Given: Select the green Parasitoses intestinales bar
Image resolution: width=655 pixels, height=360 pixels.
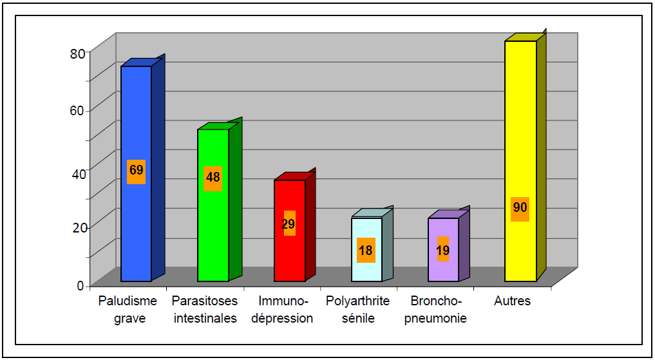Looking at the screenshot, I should [x=213, y=232].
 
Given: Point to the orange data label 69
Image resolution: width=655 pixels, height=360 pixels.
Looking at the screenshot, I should [x=136, y=171].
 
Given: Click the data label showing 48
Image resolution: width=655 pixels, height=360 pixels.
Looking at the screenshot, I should [x=213, y=177].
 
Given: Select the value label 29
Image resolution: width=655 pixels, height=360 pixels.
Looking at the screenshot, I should [x=289, y=224].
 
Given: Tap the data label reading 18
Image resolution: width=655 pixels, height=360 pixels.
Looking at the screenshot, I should [x=366, y=251].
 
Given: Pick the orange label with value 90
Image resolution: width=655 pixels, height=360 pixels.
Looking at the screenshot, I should [x=520, y=208].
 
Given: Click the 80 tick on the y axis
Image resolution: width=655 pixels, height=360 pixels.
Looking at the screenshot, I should [x=77, y=53].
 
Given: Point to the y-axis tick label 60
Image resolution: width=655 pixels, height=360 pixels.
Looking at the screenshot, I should [x=77, y=110].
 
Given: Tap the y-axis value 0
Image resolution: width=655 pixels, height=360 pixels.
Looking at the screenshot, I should [x=81, y=285].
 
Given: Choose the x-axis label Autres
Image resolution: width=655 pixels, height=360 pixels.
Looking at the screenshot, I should [x=513, y=301].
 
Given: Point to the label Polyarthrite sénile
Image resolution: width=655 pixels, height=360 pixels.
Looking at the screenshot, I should [x=357, y=310].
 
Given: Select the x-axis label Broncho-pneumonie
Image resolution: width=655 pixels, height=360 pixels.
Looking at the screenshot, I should [x=436, y=310].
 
